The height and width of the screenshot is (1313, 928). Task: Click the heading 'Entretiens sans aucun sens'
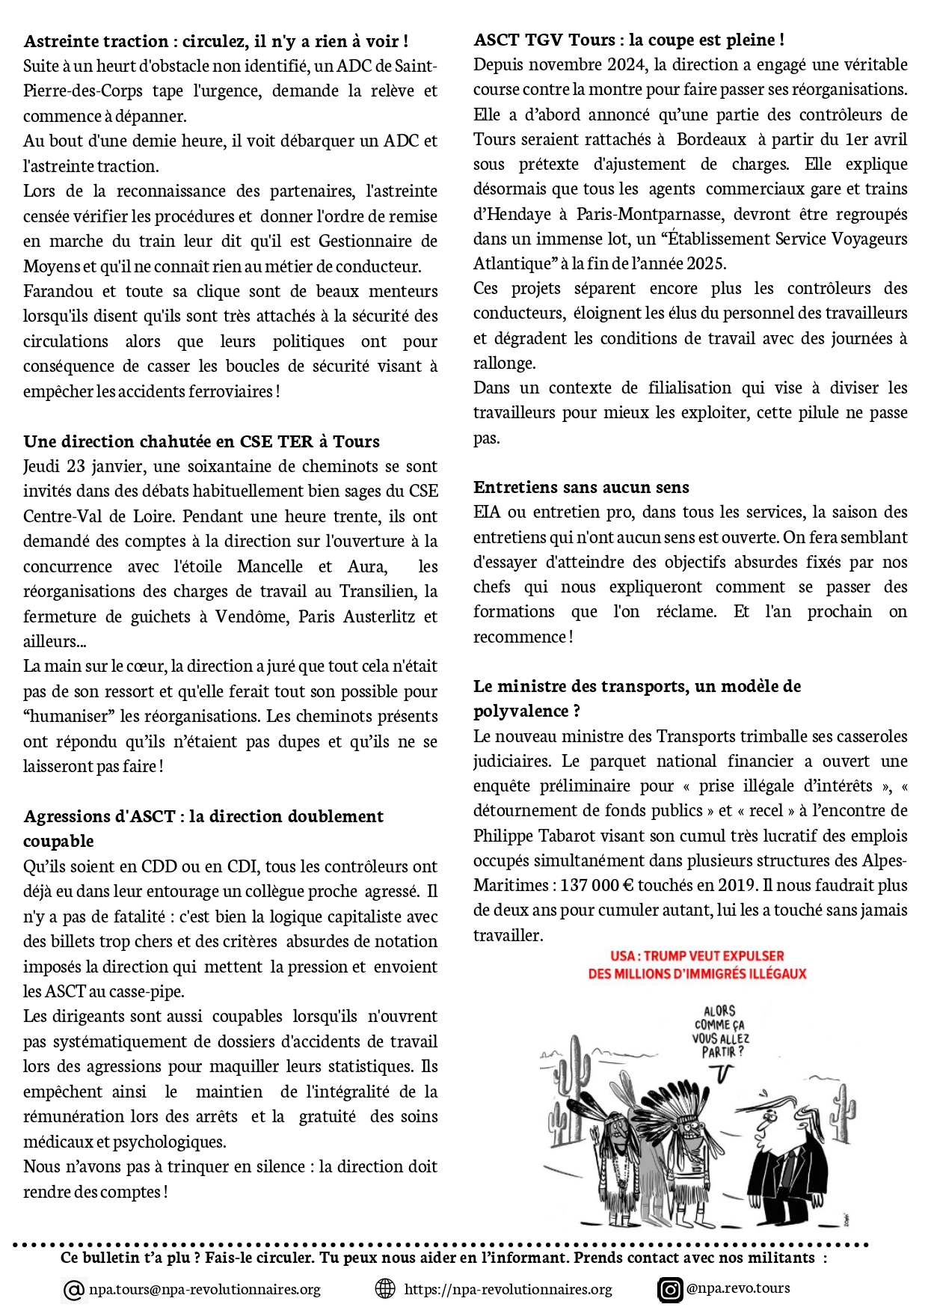tap(581, 488)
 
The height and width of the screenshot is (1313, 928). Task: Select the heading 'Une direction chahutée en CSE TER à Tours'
tap(201, 441)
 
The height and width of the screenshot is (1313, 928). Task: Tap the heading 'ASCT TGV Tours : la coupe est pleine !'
tap(629, 40)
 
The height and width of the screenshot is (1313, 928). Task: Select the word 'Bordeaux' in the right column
tap(711, 139)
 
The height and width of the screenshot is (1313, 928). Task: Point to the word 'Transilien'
tap(378, 591)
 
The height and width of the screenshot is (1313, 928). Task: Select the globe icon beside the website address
tap(384, 1288)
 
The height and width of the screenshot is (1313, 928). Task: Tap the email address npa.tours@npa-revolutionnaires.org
tap(204, 1289)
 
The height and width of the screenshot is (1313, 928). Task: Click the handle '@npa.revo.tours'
tap(738, 1288)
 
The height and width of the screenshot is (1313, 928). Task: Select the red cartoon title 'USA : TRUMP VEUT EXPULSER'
tap(697, 956)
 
